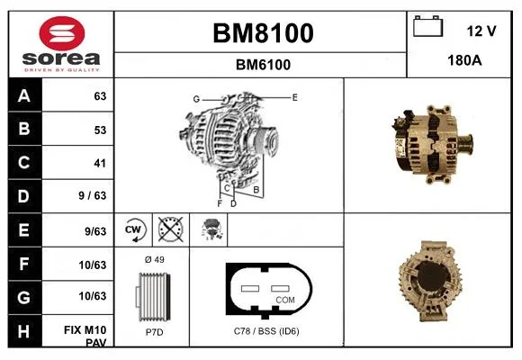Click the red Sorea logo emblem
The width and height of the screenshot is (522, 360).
pyautogui.click(x=62, y=33)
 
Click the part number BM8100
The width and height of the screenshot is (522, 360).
pyautogui.click(x=263, y=33)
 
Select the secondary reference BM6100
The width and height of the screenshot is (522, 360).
pyautogui.click(x=263, y=65)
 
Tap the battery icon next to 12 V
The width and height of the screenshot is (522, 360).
pyautogui.click(x=427, y=26)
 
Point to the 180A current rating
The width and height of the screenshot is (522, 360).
pyautogui.click(x=464, y=60)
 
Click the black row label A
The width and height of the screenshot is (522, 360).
pyautogui.click(x=25, y=95)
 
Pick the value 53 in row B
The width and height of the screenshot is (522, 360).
pyautogui.click(x=100, y=130)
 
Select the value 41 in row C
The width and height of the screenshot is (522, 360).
pyautogui.click(x=100, y=163)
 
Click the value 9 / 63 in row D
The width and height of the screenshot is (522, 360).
pyautogui.click(x=92, y=195)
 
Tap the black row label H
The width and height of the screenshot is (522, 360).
pyautogui.click(x=25, y=331)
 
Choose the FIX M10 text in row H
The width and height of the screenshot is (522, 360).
pyautogui.click(x=85, y=330)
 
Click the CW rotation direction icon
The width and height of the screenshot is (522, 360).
pyautogui.click(x=133, y=229)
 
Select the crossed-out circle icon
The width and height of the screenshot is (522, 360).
pyautogui.click(x=170, y=229)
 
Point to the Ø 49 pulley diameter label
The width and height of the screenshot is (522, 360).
pyautogui.click(x=155, y=259)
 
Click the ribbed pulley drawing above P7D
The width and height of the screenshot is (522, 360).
pyautogui.click(x=153, y=297)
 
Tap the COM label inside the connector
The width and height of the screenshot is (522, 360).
pyautogui.click(x=285, y=300)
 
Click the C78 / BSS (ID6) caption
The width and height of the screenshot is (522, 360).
pyautogui.click(x=266, y=331)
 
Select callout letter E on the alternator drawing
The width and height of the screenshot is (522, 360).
pyautogui.click(x=294, y=97)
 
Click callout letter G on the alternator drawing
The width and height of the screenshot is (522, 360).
pyautogui.click(x=196, y=99)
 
